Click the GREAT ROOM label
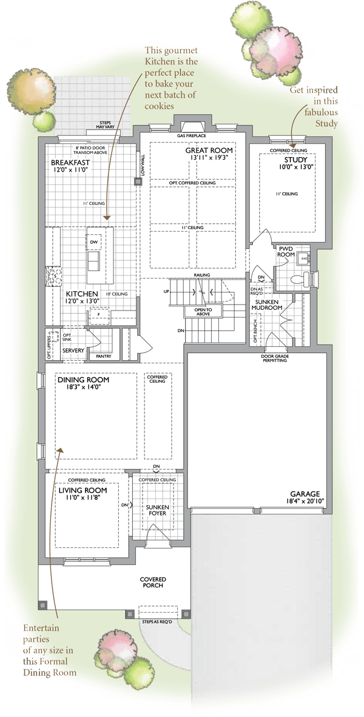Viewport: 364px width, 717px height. (209, 150)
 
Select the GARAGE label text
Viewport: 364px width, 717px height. (305, 494)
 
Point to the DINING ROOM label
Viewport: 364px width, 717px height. (83, 380)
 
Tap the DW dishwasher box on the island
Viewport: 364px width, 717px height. (95, 241)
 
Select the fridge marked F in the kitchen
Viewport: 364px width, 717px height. (98, 315)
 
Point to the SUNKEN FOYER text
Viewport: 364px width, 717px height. (158, 510)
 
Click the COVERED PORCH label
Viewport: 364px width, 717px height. (153, 582)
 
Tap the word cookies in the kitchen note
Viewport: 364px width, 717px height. (159, 106)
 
